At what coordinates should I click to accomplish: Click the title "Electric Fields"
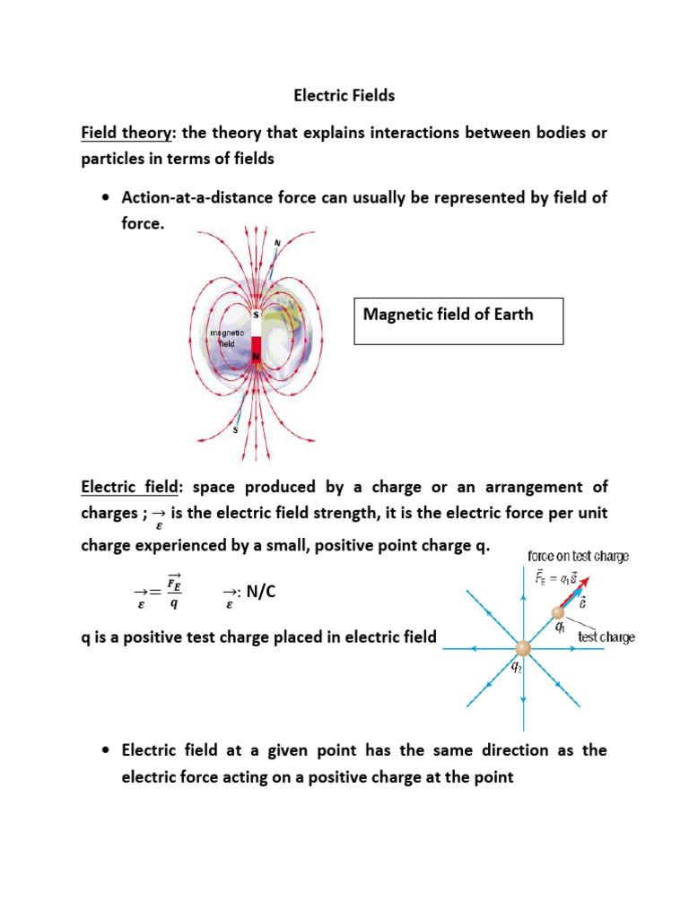(x=345, y=94)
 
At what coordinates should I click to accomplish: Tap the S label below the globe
(x=235, y=429)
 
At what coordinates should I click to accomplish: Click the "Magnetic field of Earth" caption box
(x=458, y=321)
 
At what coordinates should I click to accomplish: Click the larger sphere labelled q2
(x=522, y=647)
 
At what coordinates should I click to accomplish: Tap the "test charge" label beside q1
(x=606, y=637)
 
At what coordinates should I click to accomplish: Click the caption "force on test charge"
(x=578, y=556)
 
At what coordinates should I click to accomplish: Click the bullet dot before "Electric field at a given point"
(x=107, y=750)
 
